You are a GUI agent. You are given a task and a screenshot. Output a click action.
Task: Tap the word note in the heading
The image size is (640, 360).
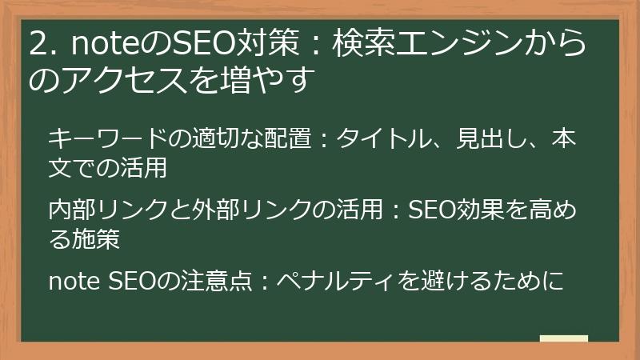102,46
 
